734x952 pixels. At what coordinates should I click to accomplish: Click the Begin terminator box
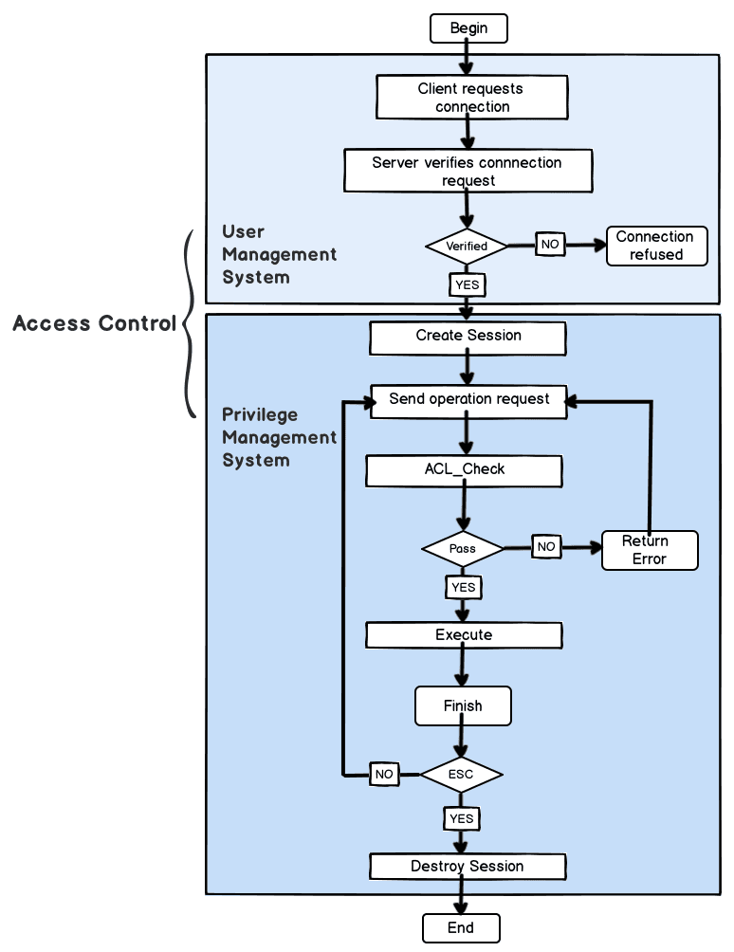(x=468, y=28)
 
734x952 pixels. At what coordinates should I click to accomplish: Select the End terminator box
(x=460, y=927)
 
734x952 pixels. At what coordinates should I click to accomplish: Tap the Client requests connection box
(x=472, y=98)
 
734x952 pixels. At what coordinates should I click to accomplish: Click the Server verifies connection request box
(x=468, y=171)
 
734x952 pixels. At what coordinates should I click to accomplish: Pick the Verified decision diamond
(x=467, y=246)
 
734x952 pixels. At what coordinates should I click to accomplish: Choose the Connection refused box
(x=656, y=246)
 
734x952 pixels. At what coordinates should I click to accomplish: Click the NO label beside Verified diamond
(x=550, y=244)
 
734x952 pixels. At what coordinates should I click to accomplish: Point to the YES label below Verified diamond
(x=467, y=284)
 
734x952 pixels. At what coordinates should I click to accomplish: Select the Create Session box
(x=468, y=336)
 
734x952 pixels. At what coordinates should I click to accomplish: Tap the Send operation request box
(x=468, y=399)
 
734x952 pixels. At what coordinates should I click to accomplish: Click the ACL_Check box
(x=464, y=469)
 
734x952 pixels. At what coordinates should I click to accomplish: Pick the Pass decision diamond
(x=463, y=548)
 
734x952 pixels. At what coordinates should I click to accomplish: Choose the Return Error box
(x=649, y=550)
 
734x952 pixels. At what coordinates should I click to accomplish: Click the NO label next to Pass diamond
(x=546, y=547)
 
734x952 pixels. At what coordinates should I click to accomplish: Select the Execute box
(x=464, y=634)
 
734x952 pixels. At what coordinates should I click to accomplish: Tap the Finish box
(x=463, y=706)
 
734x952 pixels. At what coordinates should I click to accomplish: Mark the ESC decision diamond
(x=461, y=774)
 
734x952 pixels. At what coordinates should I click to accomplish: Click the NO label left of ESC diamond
(x=384, y=774)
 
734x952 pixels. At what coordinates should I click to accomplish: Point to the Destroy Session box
(x=467, y=866)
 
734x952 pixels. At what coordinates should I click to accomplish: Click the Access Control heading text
(x=95, y=323)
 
